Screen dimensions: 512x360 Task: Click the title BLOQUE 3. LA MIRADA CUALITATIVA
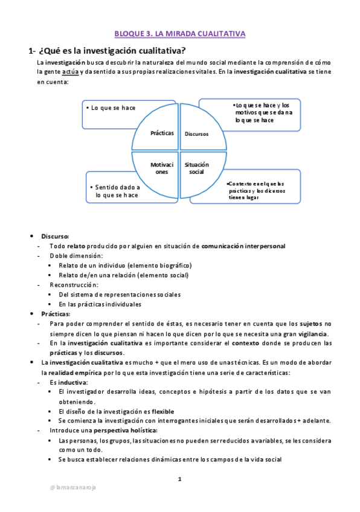(180, 34)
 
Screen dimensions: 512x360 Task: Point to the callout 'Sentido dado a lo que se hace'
(118, 191)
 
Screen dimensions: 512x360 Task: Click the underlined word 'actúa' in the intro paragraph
(70, 72)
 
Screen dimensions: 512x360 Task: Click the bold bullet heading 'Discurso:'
(55, 236)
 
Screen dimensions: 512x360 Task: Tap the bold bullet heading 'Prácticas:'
(56, 314)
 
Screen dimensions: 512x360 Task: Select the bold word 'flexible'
(163, 411)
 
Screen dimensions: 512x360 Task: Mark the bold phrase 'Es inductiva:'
(69, 382)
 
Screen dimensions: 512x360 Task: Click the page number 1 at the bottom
(179, 479)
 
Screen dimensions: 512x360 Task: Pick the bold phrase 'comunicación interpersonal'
(243, 246)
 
